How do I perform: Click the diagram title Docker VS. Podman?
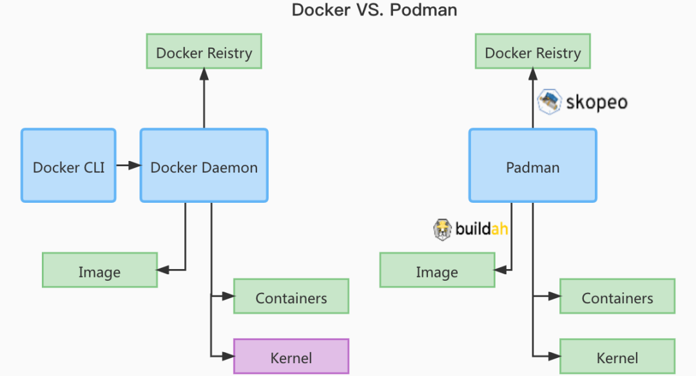coord(374,10)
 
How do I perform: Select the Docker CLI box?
coord(68,166)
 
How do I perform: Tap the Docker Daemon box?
coord(204,166)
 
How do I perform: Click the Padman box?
coord(532,166)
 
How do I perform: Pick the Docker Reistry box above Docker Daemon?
coord(204,52)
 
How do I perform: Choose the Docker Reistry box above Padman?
coord(532,52)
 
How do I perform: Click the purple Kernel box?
coord(291,356)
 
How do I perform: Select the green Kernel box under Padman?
coord(617,356)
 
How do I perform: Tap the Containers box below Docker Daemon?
coord(291,297)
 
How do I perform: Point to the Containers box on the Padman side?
coord(617,297)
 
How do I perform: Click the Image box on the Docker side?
coord(99,270)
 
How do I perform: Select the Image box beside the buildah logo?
coord(437,270)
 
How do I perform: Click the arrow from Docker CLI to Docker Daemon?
coord(128,166)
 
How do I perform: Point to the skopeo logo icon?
coord(549,101)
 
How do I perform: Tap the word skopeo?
coord(595,102)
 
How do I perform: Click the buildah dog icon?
coord(443,230)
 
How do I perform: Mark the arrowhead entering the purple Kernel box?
coord(227,356)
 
